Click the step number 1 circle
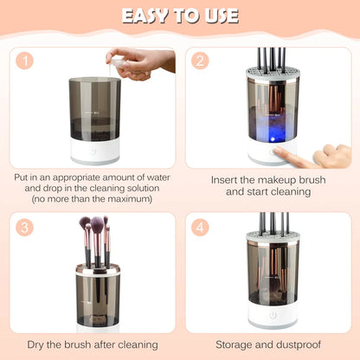point(26,61)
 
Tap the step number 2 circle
point(201,61)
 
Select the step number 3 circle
point(26,227)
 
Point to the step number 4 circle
point(201,227)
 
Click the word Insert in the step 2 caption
point(228,180)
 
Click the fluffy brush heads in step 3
point(95,228)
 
